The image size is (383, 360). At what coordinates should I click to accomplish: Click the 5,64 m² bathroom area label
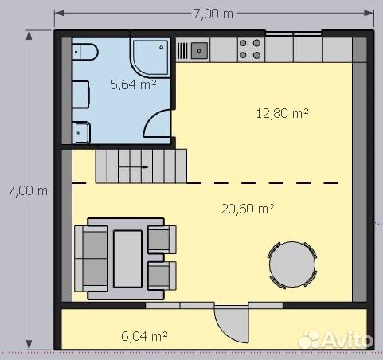[x=134, y=84]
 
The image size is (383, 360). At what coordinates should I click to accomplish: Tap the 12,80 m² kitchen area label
[x=282, y=113]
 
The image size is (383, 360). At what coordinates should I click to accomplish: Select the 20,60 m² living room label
[x=248, y=209]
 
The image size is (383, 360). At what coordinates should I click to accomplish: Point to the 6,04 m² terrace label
[x=144, y=336]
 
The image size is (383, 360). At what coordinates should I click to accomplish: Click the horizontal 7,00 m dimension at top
[x=213, y=14]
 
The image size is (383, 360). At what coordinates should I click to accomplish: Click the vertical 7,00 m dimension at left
[x=28, y=190]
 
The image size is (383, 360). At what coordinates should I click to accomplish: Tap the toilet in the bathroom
[x=85, y=52]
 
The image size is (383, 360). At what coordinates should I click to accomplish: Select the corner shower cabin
[x=150, y=57]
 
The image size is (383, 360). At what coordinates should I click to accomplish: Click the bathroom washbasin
[x=81, y=132]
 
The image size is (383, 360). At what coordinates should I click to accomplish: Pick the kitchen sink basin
[x=199, y=51]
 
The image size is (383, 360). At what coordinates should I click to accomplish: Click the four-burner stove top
[x=250, y=49]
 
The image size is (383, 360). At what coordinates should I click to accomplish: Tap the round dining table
[x=292, y=265]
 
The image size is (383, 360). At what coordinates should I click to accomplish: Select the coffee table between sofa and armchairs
[x=127, y=259]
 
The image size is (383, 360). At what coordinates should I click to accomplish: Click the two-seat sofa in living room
[x=91, y=259]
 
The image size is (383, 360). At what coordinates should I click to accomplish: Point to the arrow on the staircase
[x=145, y=167]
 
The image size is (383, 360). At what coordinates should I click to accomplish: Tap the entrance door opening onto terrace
[x=232, y=324]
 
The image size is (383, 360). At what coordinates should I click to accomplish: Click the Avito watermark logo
[x=336, y=339]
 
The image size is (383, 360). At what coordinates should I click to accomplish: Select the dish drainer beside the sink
[x=182, y=51]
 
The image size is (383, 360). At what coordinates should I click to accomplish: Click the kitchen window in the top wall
[x=294, y=33]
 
